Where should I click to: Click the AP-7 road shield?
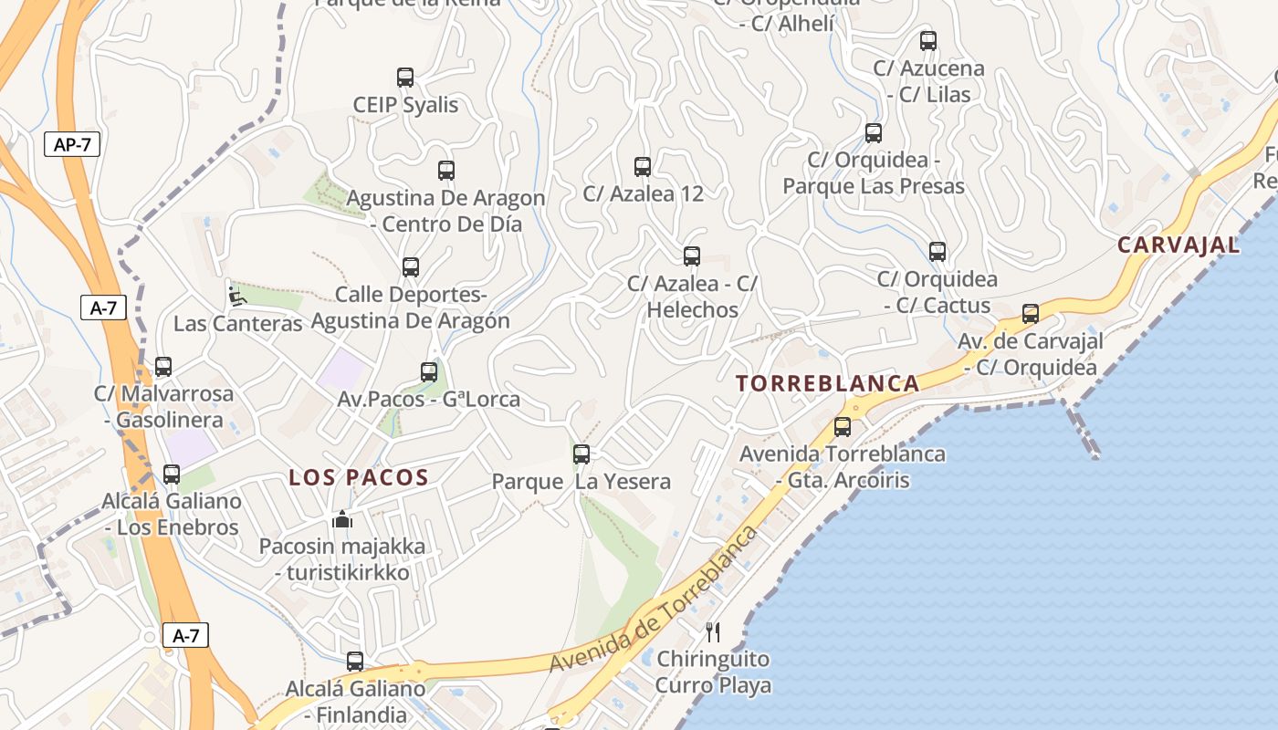72,144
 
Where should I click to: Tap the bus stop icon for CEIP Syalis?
405,78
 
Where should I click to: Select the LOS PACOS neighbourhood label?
359,477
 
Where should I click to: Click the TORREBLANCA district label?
828,383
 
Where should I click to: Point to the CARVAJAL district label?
1178,245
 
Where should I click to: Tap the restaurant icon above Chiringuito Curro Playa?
713,631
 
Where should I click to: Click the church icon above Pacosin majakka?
342,519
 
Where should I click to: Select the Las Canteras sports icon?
236,296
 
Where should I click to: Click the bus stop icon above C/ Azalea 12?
643,167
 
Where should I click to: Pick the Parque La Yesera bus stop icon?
581,454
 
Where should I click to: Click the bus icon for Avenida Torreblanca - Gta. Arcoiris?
843,426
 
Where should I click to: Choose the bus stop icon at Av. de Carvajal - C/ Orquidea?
1031,314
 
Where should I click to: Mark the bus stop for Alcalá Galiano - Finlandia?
355,662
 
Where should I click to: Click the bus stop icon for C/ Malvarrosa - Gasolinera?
163,367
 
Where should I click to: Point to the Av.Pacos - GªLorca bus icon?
429,372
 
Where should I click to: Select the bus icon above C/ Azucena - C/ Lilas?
928,41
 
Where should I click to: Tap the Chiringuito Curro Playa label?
713,672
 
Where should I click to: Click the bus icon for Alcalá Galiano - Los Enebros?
172,474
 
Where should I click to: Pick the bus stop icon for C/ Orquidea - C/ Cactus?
938,252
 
